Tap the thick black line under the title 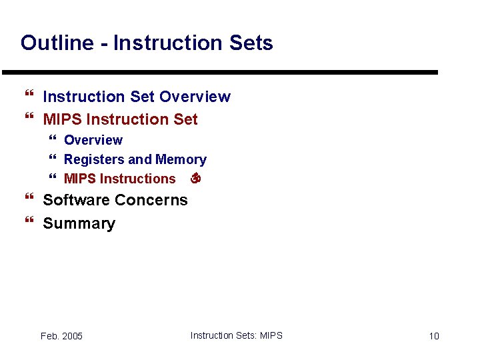pos(220,72)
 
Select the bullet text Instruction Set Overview pos(136,97)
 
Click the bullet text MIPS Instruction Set pos(120,119)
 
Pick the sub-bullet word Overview pos(93,140)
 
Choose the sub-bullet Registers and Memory pos(135,159)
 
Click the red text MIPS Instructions pos(119,179)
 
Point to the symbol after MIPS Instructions pos(195,179)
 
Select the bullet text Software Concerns pos(115,200)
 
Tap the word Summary pos(79,223)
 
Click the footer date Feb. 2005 pos(61,336)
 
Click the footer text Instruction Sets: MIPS pos(236,335)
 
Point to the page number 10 pos(433,336)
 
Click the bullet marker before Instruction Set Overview pos(28,97)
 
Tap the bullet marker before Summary pos(28,223)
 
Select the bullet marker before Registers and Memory pos(53,159)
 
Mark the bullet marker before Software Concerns pos(28,200)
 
